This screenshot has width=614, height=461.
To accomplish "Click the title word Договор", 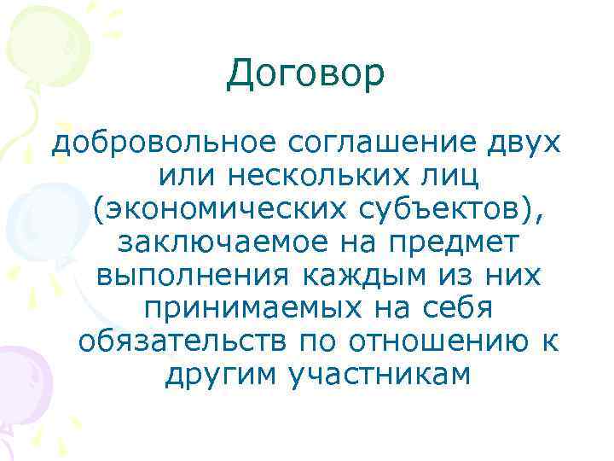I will (306, 77).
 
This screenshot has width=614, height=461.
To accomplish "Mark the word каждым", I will (345, 277).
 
